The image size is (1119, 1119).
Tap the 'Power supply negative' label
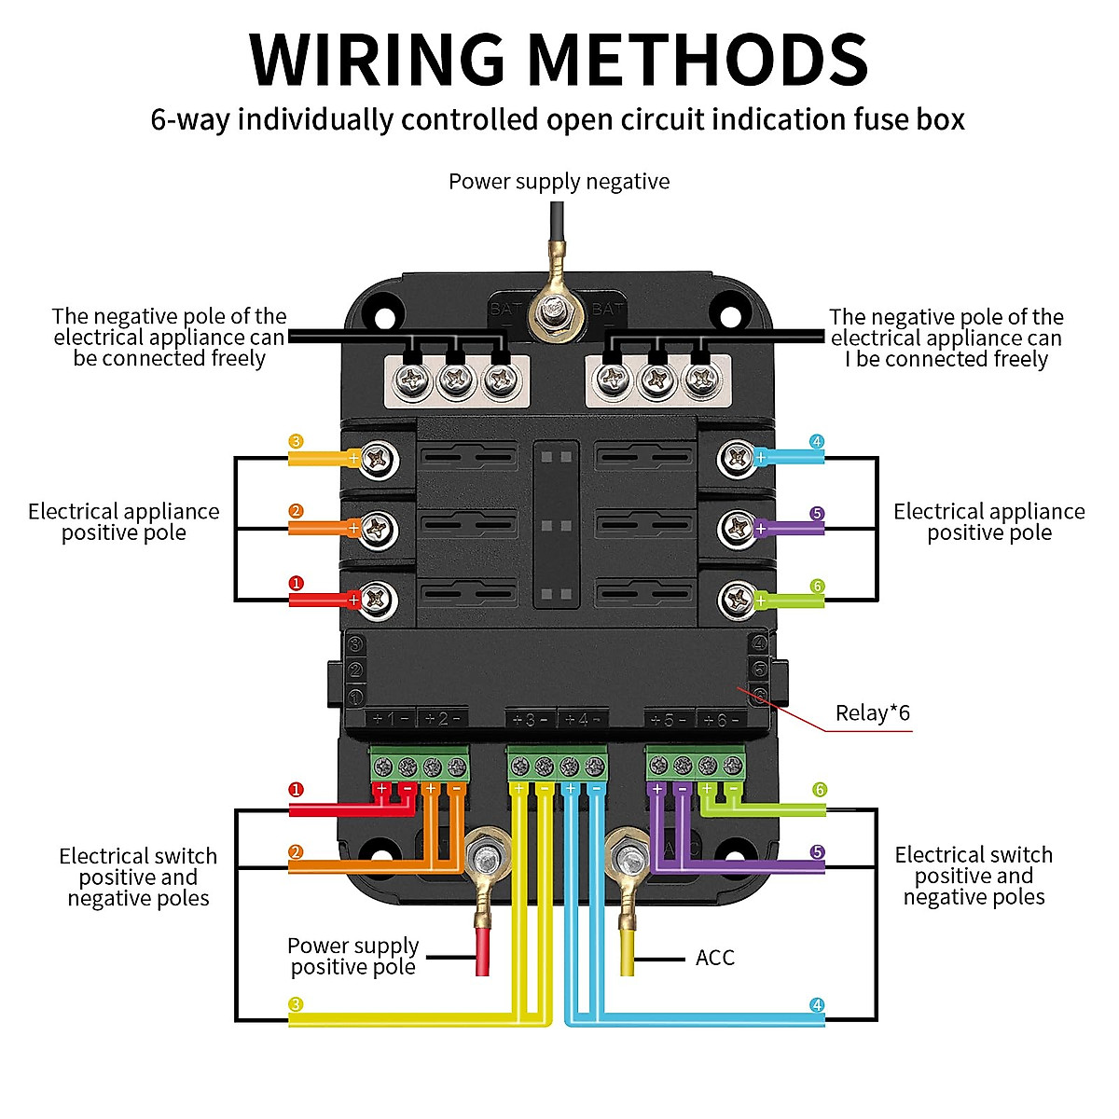(x=559, y=181)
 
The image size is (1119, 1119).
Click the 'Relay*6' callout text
(x=872, y=713)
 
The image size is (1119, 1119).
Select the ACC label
(x=714, y=958)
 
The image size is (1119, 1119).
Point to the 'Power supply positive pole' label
(x=352, y=956)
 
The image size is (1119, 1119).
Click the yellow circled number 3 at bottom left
(x=296, y=1005)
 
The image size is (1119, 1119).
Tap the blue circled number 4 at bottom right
(x=817, y=1005)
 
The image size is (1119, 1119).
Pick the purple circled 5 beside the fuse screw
(x=817, y=514)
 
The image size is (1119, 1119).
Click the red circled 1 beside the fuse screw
(x=296, y=584)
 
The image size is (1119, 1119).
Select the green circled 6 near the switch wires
(x=819, y=790)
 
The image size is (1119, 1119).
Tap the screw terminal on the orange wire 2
(x=378, y=529)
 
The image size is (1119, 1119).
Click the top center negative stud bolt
(x=553, y=311)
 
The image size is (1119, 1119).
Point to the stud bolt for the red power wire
(x=486, y=853)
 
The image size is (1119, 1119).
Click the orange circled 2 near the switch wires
(x=296, y=852)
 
